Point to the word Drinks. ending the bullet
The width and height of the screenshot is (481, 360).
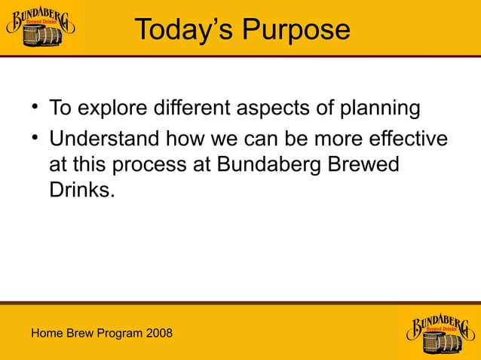82,189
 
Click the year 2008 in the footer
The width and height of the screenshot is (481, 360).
158,333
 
